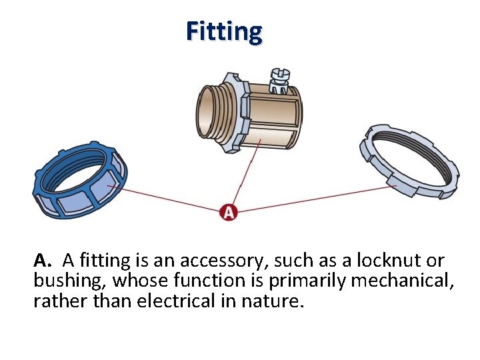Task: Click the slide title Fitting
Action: tap(224, 31)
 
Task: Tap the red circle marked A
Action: tap(229, 212)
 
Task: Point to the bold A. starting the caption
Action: tap(42, 259)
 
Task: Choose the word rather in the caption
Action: tap(55, 301)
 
